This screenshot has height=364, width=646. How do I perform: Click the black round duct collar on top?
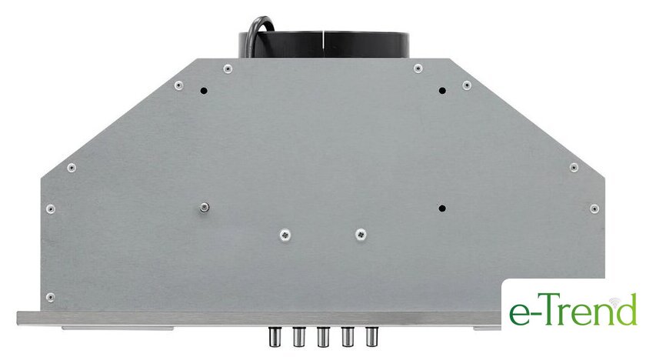[x=324, y=45]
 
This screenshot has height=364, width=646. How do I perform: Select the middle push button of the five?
[x=323, y=336]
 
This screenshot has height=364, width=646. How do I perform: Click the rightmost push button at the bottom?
[x=371, y=336]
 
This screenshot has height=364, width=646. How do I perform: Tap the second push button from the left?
[x=298, y=336]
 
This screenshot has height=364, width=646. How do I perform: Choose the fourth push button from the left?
[x=348, y=336]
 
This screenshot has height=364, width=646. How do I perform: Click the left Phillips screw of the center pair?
[x=285, y=235]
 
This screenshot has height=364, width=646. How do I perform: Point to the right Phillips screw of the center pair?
[x=361, y=235]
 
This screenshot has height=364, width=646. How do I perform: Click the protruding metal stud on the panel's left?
[x=204, y=207]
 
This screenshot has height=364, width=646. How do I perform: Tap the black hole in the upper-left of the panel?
[x=204, y=91]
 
